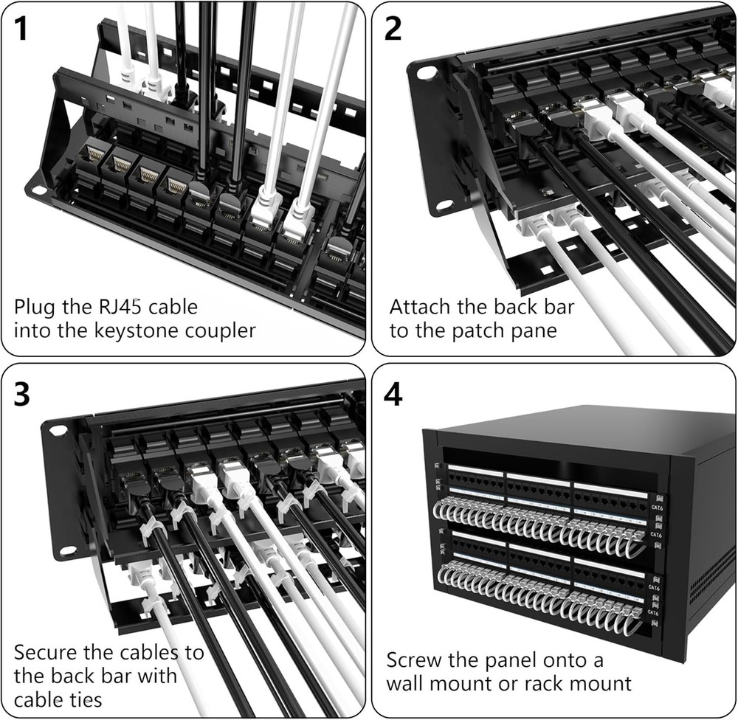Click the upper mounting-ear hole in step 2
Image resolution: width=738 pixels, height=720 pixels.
(x=427, y=74)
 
